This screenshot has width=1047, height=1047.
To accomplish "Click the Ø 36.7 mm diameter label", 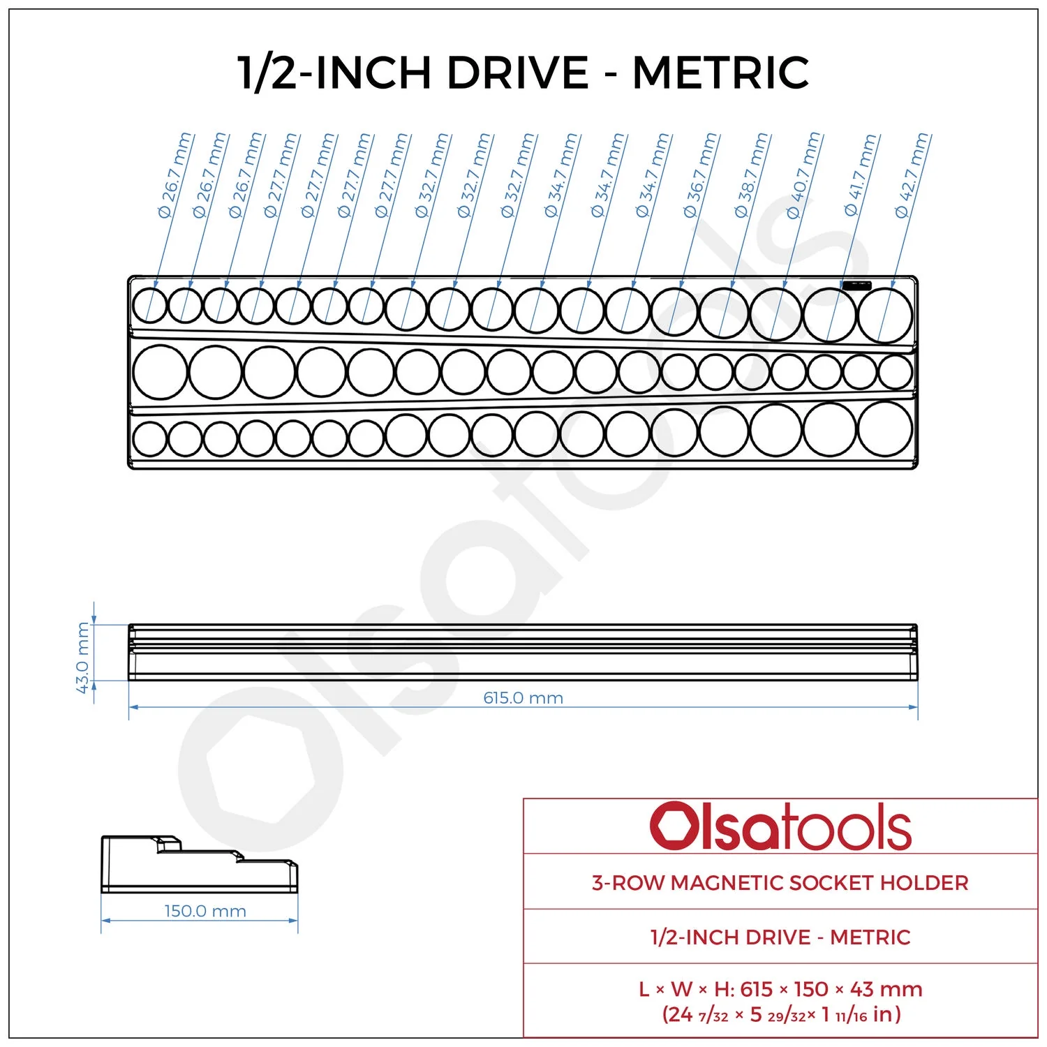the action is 701,175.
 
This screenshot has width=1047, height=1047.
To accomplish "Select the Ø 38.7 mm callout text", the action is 752,175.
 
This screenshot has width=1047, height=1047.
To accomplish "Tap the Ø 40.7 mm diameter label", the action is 803,175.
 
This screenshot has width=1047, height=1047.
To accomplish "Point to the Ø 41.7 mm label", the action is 861,175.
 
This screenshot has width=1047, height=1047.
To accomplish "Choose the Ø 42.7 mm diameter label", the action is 912,175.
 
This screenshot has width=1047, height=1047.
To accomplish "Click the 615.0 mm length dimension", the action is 523,698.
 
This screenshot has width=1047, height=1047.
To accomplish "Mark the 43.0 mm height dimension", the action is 83,658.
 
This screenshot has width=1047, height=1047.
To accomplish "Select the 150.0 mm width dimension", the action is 205,911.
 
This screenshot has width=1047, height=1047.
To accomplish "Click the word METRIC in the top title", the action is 720,72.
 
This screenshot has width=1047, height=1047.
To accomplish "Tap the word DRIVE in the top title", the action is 517,72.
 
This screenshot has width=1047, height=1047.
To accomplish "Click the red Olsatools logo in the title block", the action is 780,826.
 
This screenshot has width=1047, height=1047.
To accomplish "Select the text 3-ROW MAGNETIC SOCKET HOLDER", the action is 780,883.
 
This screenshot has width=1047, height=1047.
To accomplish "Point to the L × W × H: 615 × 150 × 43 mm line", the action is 780,989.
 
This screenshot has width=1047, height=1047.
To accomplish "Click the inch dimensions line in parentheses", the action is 781,1014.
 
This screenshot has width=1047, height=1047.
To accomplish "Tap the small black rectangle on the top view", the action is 857,285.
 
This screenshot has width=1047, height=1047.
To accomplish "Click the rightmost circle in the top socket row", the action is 885,315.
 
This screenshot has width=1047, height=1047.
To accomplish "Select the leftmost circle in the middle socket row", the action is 160,372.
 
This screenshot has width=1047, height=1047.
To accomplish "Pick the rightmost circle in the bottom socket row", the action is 885,429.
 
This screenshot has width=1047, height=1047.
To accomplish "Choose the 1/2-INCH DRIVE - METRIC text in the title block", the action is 780,937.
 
